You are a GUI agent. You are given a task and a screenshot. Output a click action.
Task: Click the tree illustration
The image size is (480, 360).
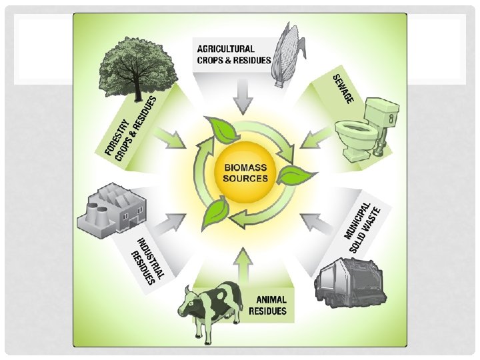[x=127, y=67]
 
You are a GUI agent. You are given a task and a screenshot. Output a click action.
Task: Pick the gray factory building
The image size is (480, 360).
[x=114, y=209]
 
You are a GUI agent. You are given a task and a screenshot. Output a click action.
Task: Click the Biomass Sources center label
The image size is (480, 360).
[x=245, y=173]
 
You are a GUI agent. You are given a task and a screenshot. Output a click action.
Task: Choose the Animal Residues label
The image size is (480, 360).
[x=267, y=306]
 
